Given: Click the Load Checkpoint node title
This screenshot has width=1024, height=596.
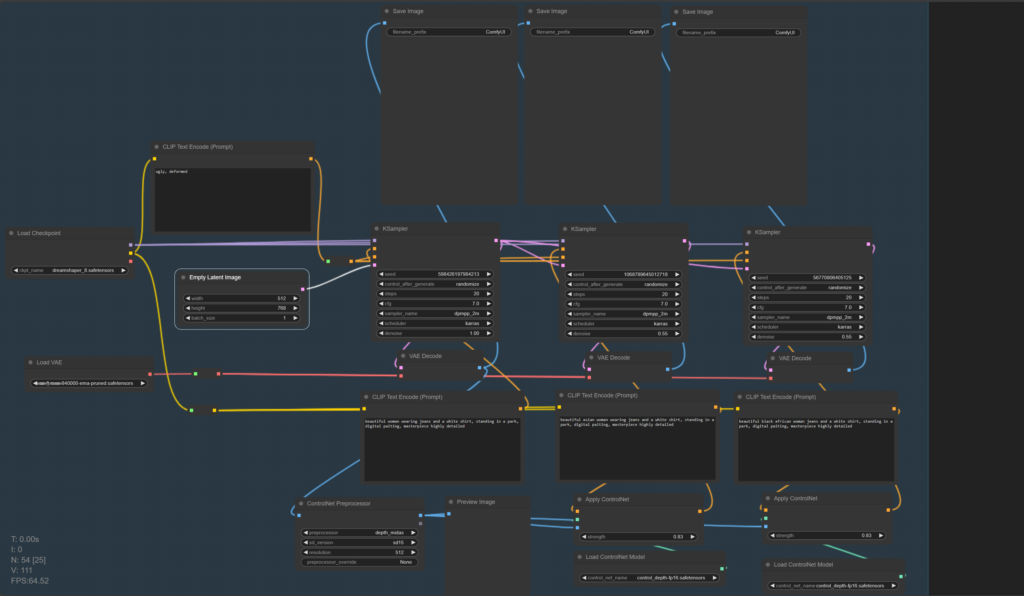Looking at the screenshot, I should [39, 233].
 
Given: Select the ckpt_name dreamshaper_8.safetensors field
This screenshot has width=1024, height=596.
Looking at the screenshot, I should [69, 270].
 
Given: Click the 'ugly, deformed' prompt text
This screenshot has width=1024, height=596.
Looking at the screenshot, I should [172, 172].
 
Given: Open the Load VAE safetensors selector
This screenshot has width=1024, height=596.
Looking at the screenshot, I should [89, 383].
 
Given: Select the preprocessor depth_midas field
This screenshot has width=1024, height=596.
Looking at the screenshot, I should [359, 533].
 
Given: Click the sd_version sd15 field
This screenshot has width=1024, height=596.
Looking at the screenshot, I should [359, 542].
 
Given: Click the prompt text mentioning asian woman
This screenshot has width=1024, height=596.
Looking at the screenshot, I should [636, 422].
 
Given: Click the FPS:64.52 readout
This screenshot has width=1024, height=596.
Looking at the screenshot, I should [30, 581].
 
